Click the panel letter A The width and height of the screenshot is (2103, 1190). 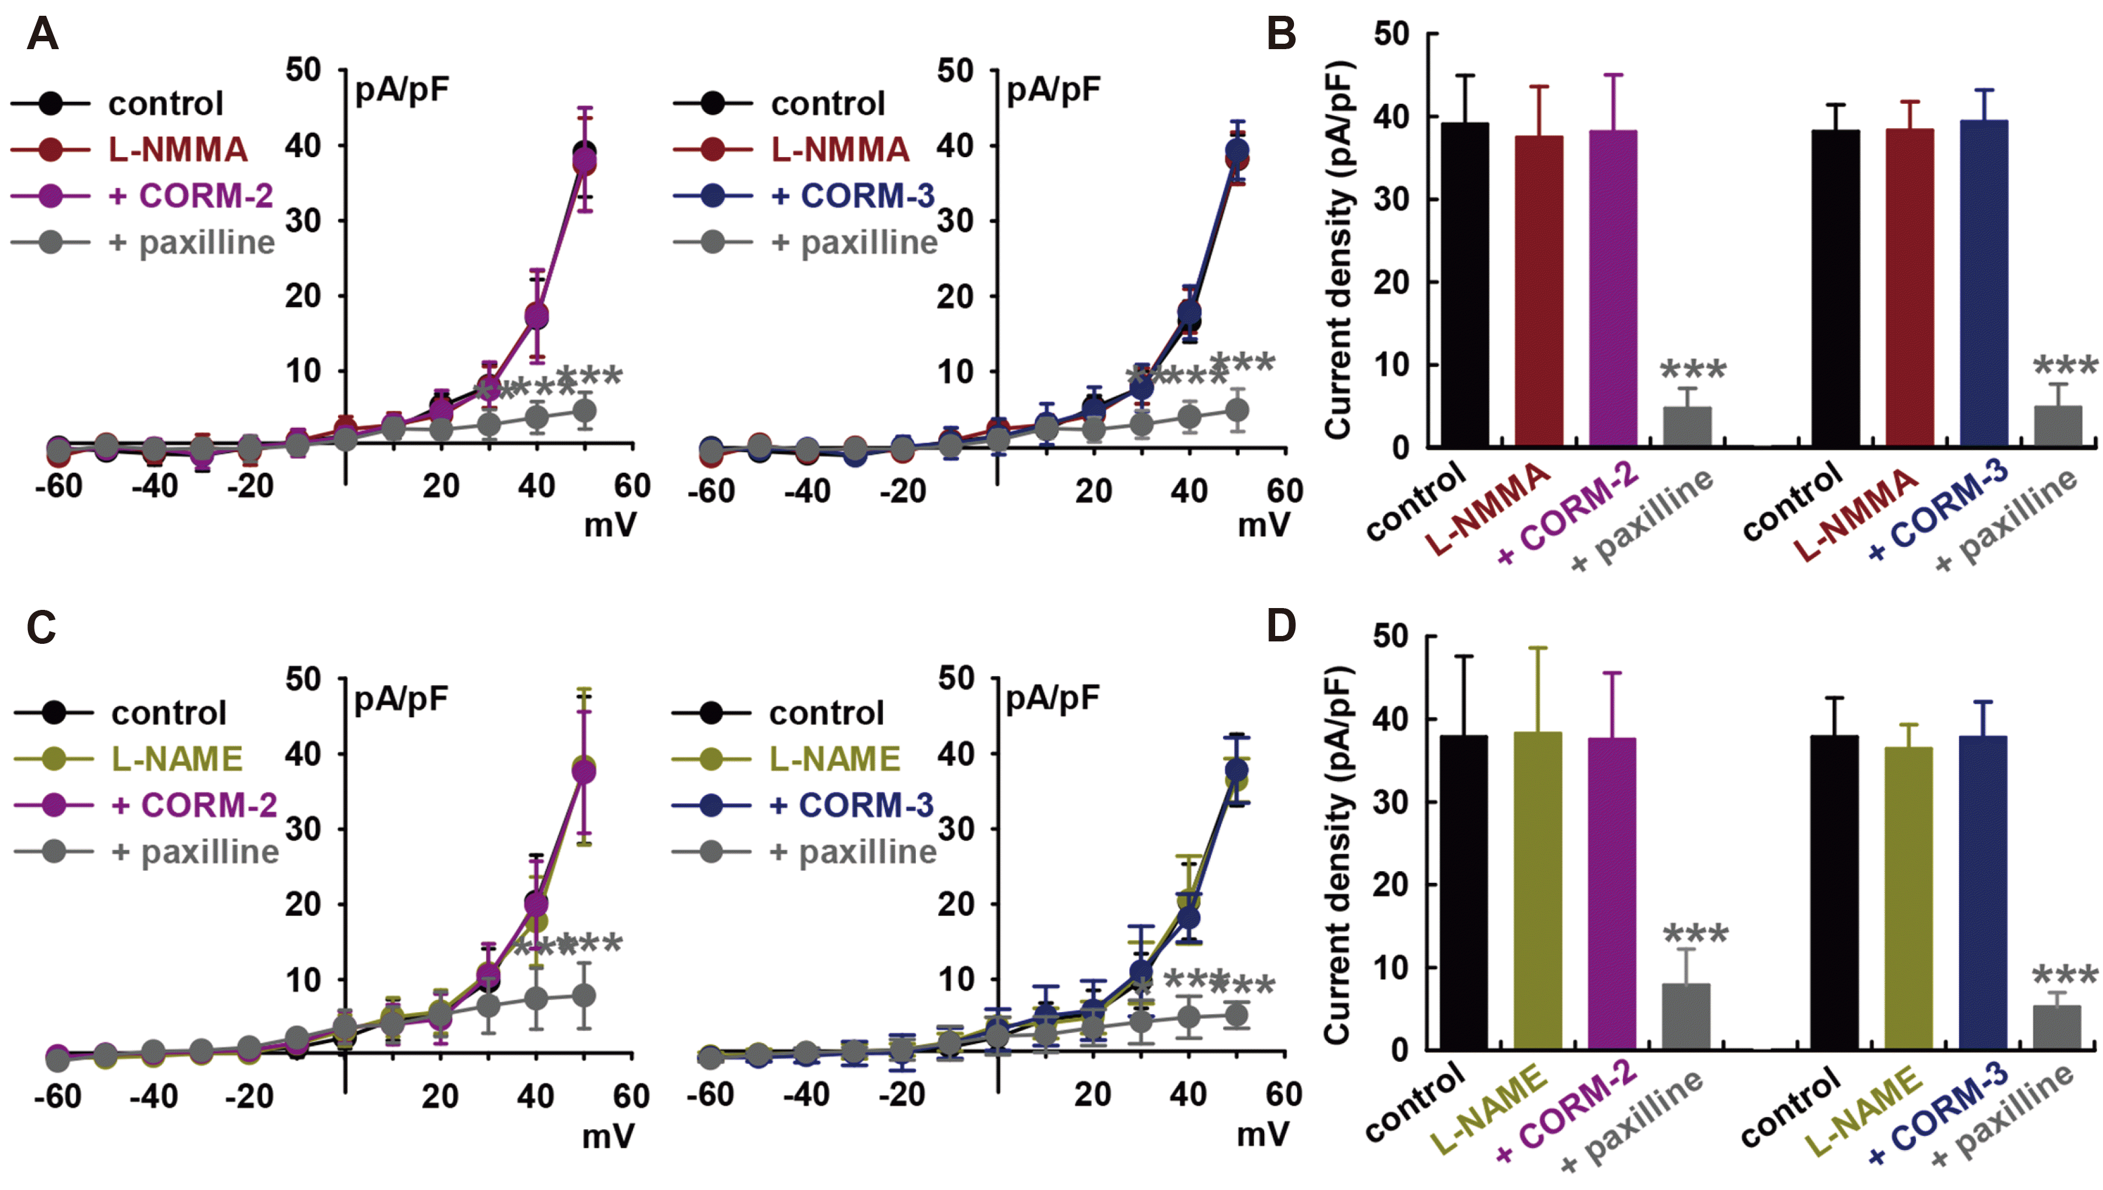(x=42, y=35)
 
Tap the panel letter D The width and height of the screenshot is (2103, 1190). (x=1281, y=626)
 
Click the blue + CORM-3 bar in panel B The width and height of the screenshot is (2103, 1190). (x=1983, y=283)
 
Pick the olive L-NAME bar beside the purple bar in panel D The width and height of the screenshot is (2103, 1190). (x=1537, y=890)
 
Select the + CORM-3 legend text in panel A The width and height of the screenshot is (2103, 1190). (x=852, y=196)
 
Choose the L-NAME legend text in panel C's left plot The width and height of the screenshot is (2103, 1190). (x=177, y=759)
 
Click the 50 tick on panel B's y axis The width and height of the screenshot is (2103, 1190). (x=1391, y=35)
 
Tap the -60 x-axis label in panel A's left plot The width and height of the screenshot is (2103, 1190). (x=59, y=486)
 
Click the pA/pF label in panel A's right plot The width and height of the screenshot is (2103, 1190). (x=1053, y=90)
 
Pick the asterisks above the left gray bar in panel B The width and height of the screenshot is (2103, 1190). (x=1693, y=370)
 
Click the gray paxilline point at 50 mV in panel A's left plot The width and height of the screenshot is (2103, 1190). (x=584, y=410)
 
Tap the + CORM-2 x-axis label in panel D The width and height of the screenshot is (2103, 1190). (x=1565, y=1112)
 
